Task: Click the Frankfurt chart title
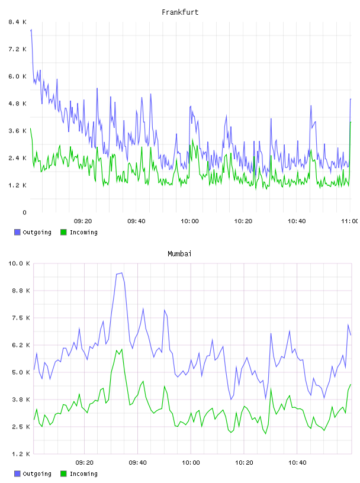[x=180, y=12]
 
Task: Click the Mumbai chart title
[x=179, y=254]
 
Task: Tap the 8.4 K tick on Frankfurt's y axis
[x=18, y=22]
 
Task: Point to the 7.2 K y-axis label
[x=18, y=49]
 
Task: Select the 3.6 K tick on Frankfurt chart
[x=18, y=131]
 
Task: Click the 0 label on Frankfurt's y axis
[x=24, y=212]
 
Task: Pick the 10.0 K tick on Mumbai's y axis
[x=19, y=263]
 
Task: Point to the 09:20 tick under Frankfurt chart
[x=83, y=221]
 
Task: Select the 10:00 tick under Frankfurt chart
[x=189, y=221]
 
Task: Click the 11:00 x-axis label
[x=350, y=221]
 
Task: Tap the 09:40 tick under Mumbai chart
[x=137, y=462]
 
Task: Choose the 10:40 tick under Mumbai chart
[x=297, y=462]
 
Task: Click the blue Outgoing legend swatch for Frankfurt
[x=17, y=232]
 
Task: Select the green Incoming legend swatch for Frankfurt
[x=63, y=232]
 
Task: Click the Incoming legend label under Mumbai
[x=83, y=474]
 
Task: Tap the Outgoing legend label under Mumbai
[x=37, y=474]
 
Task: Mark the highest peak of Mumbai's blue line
[x=122, y=273]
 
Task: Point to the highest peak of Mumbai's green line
[x=122, y=349]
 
